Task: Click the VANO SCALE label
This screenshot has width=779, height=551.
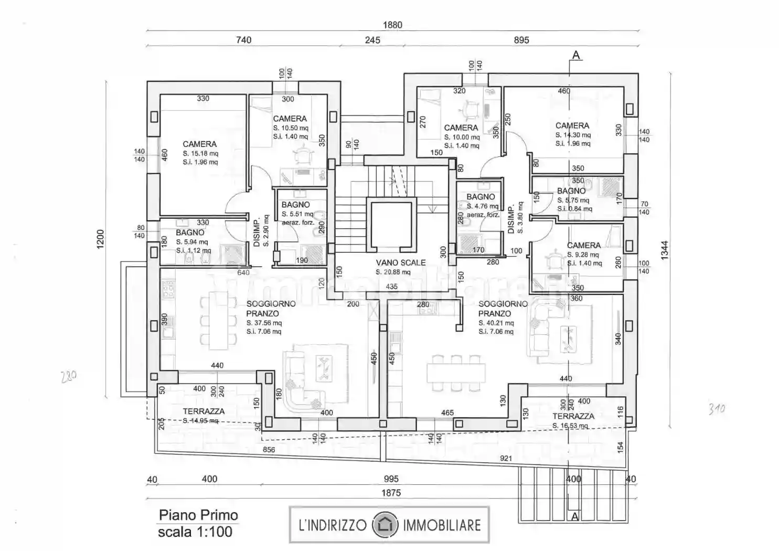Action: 400,262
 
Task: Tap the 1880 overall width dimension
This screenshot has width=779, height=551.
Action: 392,25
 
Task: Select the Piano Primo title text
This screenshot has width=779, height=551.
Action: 198,515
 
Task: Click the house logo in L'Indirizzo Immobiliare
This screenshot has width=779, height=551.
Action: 385,525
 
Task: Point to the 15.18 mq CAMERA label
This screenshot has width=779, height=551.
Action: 199,144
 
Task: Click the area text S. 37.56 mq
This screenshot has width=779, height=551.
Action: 264,323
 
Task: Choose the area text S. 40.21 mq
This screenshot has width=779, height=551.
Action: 496,323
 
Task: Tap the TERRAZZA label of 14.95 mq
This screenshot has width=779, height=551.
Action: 204,411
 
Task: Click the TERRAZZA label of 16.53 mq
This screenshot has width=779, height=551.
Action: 573,416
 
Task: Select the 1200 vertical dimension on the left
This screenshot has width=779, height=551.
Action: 101,240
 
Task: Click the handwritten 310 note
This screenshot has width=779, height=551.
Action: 717,408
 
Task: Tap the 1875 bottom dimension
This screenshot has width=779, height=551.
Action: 391,492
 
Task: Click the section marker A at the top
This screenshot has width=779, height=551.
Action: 576,55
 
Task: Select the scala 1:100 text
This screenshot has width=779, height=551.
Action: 195,532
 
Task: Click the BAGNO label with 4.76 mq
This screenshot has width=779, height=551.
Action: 481,197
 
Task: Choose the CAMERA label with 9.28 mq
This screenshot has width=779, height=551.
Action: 583,245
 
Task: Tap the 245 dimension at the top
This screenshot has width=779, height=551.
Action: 372,40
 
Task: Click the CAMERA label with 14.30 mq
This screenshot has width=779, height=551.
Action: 572,125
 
